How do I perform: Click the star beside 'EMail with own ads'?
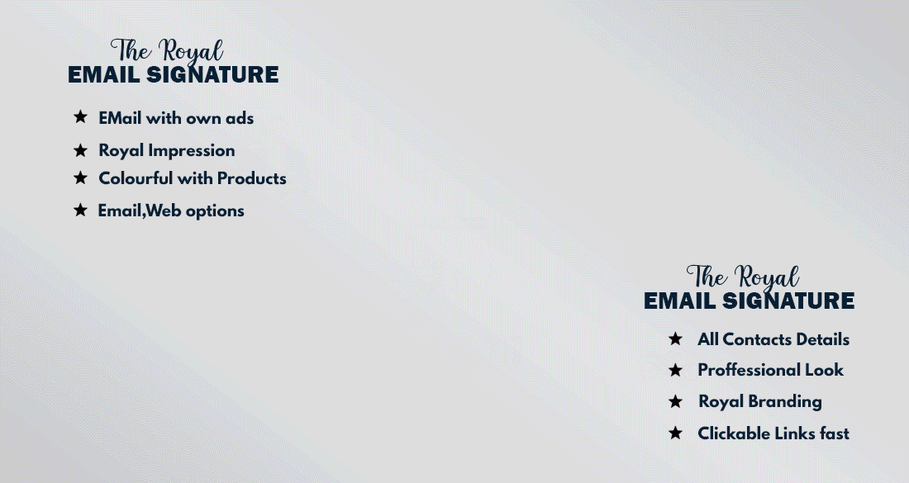(81, 117)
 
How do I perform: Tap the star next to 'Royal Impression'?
(81, 150)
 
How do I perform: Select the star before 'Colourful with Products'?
(81, 178)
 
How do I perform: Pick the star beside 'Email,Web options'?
(81, 210)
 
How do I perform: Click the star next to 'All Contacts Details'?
(675, 339)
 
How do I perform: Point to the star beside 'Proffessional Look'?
(675, 370)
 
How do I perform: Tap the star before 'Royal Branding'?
(675, 400)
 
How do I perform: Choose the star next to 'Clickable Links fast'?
(675, 433)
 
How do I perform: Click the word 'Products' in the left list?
(251, 178)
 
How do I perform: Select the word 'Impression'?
(192, 150)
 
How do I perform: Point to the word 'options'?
(215, 211)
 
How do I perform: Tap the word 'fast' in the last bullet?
(835, 433)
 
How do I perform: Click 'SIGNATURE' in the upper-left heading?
(212, 74)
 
